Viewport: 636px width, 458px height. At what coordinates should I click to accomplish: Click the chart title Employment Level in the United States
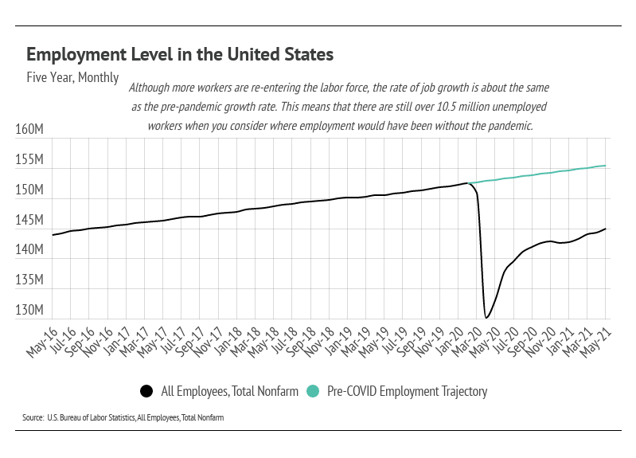pos(180,55)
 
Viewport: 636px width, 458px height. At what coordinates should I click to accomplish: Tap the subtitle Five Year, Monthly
pos(72,78)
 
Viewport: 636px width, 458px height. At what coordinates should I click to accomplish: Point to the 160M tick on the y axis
pos(32,130)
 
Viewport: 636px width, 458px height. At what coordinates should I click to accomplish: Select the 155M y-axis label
pos(32,160)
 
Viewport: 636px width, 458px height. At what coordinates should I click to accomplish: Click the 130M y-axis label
pos(32,310)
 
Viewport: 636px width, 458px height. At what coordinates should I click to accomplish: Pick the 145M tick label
pos(32,220)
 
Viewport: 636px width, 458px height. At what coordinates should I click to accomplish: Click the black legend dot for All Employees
pos(146,391)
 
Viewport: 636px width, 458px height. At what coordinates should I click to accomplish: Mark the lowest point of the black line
pos(486,318)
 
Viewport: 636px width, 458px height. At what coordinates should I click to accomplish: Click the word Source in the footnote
pos(33,417)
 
